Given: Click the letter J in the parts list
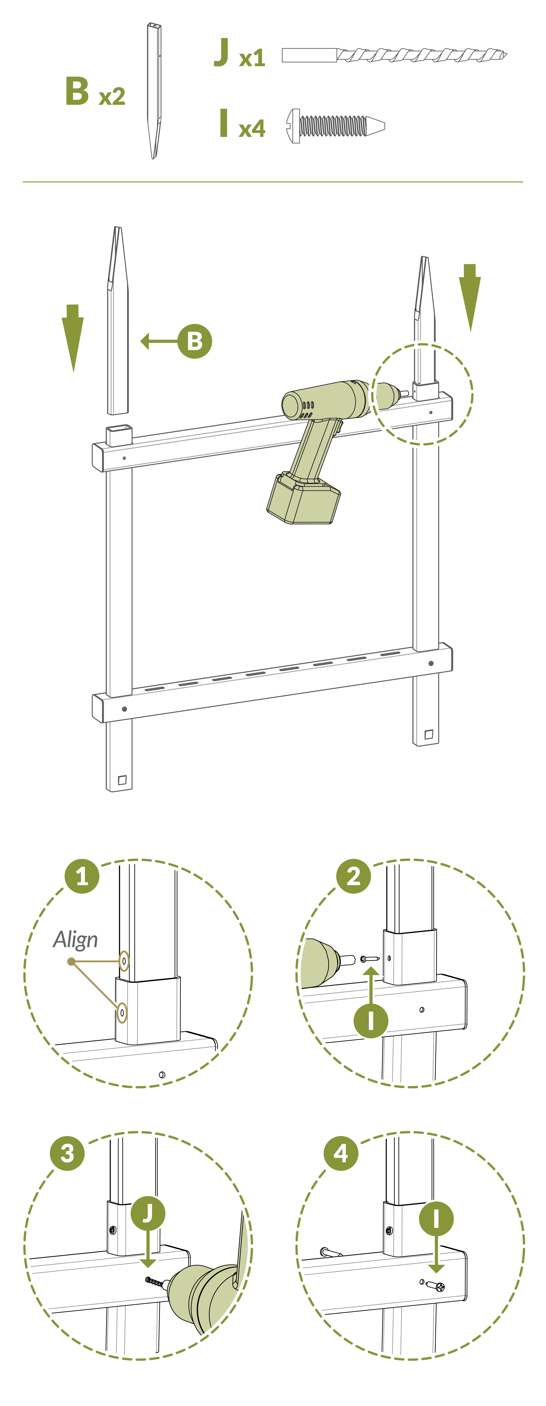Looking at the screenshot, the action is tap(221, 52).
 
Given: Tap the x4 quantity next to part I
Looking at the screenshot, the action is tap(252, 129).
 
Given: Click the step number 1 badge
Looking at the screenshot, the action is tap(82, 877).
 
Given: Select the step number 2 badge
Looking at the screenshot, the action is tap(354, 877).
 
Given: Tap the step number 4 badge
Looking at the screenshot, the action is tap(341, 1153).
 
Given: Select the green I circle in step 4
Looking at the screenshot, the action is tap(436, 1218).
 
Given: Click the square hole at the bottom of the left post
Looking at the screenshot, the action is tap(122, 780).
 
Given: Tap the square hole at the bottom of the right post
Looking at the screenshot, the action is tap(429, 734).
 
